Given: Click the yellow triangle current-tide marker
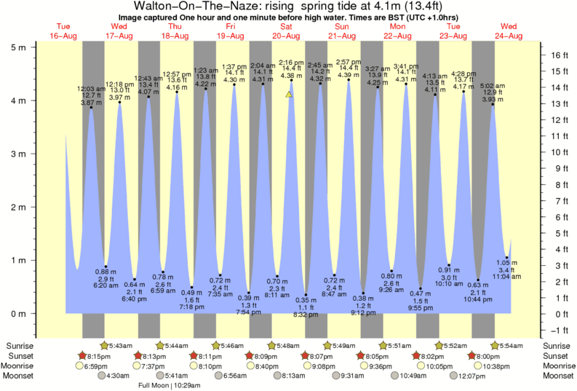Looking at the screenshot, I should [289, 94].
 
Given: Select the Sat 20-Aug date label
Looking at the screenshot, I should [286, 31].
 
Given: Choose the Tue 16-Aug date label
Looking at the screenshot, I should [63, 31].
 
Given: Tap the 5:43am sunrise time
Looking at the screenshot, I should [121, 345].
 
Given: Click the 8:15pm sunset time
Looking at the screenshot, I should [99, 355].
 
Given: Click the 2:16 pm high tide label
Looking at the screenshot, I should [291, 63].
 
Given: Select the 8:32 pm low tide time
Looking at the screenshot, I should [306, 315].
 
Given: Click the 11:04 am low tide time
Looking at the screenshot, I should [507, 277].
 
